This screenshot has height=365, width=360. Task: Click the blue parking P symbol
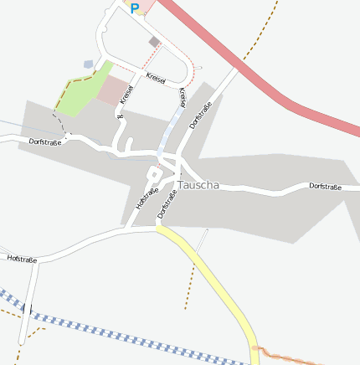134,8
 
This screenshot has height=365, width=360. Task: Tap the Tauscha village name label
198,185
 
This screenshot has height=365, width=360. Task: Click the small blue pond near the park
88,64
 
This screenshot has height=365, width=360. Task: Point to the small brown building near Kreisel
154,41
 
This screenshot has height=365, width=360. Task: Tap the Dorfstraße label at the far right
326,186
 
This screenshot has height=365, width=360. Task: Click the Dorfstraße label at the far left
46,142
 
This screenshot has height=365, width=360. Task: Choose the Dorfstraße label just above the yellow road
167,204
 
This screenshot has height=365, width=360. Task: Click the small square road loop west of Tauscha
153,174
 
